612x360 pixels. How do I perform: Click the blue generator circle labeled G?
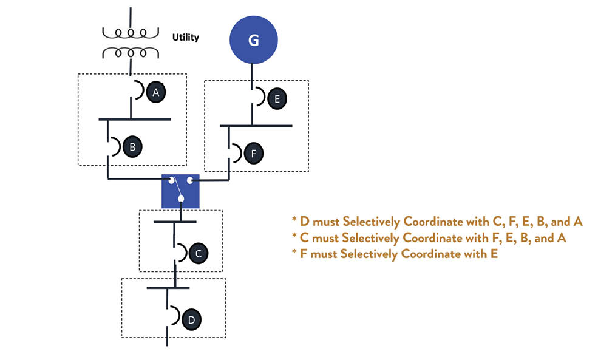click(253, 40)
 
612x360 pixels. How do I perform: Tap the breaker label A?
click(156, 92)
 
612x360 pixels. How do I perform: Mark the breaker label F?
click(253, 153)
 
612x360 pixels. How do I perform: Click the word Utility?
click(185, 38)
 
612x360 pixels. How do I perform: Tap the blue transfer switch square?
click(180, 191)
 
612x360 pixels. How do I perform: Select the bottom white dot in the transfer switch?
click(180, 199)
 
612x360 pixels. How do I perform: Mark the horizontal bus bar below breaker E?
click(256, 126)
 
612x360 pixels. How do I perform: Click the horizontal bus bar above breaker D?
click(168, 288)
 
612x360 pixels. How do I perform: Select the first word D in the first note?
click(305, 222)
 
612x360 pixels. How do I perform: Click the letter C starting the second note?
click(305, 238)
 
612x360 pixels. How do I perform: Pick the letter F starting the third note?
click(304, 254)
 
